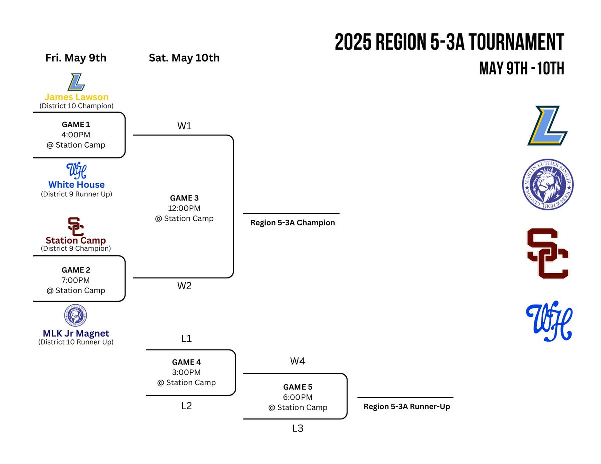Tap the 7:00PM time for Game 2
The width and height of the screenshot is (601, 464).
[76, 280]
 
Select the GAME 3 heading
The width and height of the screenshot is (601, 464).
[184, 198]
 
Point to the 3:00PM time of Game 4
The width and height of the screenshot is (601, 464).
[186, 372]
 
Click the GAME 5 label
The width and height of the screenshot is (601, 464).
[297, 387]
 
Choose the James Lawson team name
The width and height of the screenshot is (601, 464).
[76, 97]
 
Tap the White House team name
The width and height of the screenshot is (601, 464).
[76, 185]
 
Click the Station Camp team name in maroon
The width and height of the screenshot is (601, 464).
[76, 240]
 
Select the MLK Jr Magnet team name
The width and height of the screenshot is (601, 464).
[76, 334]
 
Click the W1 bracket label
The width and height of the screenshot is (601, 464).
[184, 126]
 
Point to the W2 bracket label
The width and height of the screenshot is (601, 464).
[184, 286]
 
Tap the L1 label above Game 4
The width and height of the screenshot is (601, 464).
[186, 339]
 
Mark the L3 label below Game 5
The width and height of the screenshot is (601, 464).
[297, 428]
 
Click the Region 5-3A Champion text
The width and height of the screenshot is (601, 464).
[292, 223]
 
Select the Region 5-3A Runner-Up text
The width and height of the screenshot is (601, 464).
[407, 407]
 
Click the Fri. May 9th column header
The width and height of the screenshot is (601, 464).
[76, 58]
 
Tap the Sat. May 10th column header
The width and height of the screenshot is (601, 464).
[184, 58]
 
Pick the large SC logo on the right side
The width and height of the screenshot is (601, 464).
[547, 253]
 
